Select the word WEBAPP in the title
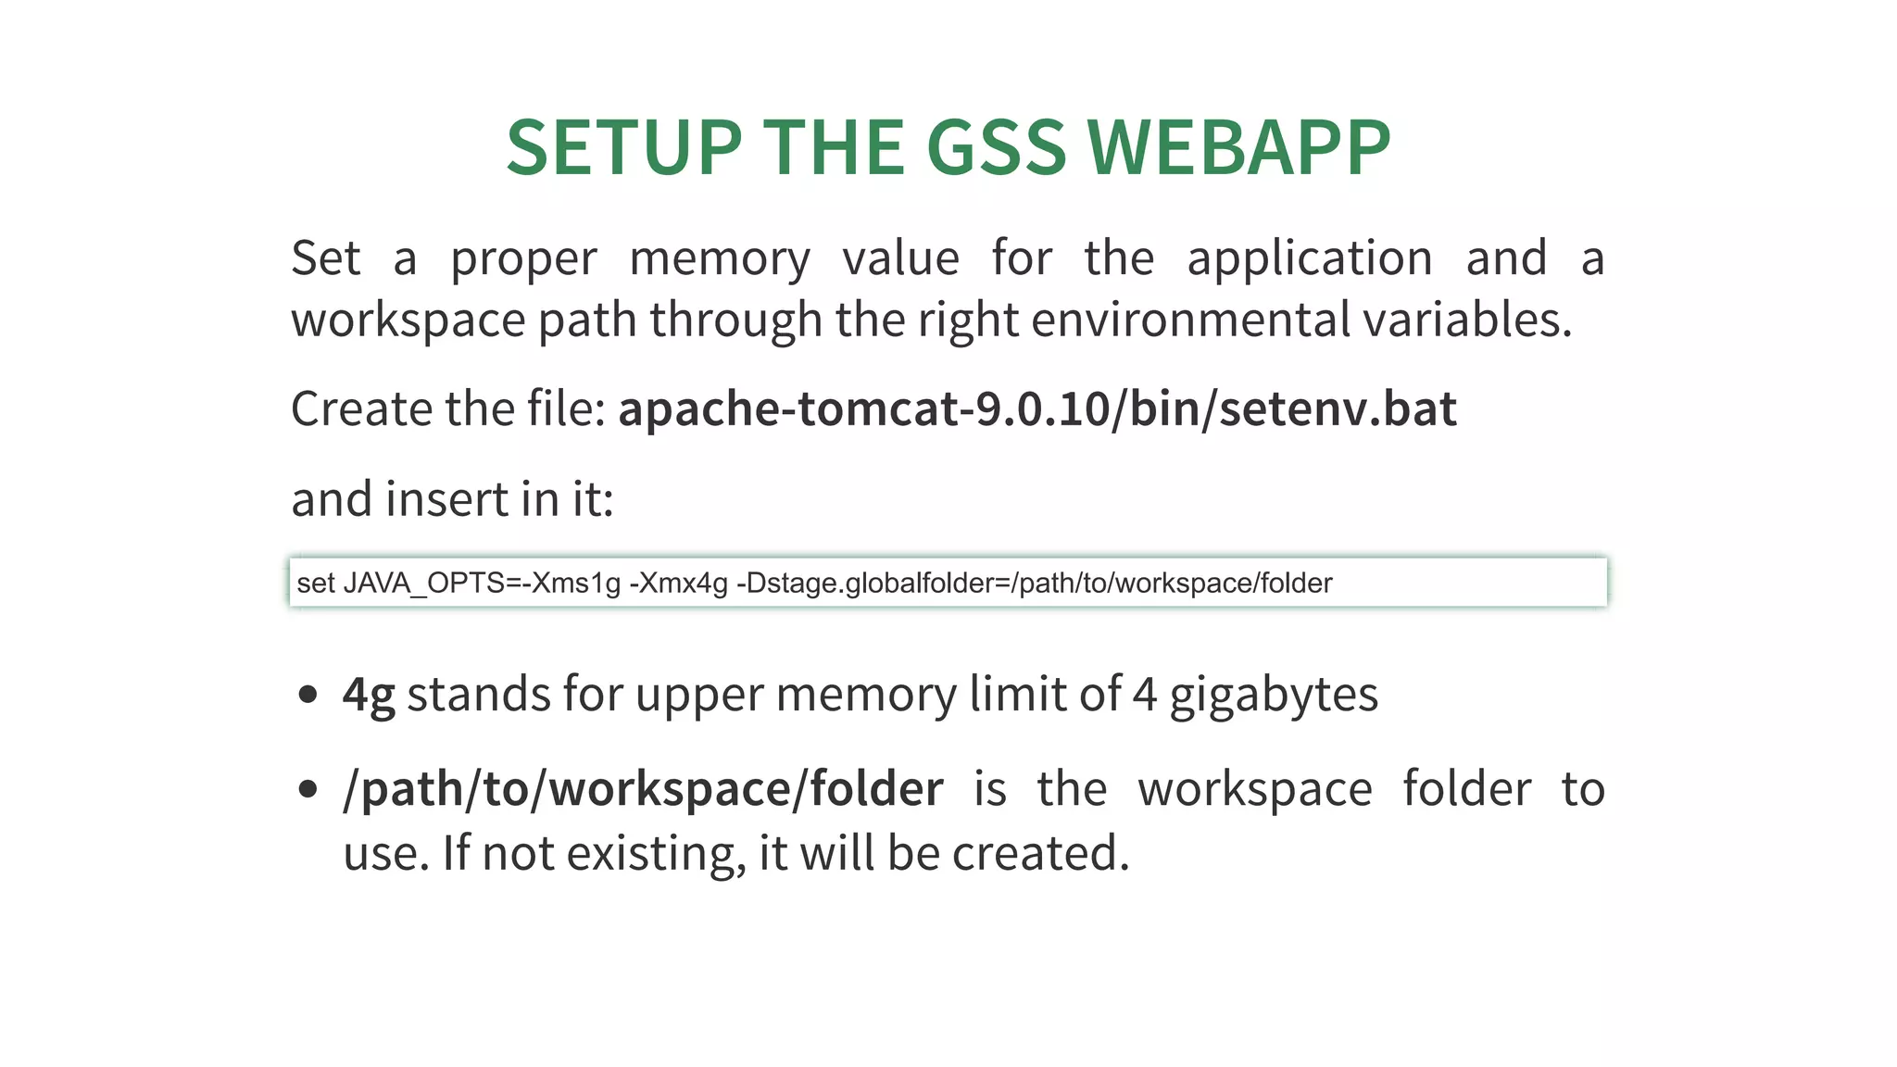point(1238,147)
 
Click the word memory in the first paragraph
point(720,258)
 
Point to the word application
point(1310,258)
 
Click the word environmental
point(1190,320)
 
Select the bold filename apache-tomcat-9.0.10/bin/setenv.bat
point(1037,408)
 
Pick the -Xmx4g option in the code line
point(678,584)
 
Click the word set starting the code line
point(315,584)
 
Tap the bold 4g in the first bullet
point(369,695)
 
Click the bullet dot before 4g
point(308,695)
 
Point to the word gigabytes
point(1274,695)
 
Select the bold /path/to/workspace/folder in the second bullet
point(643,789)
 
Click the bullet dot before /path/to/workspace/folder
point(308,789)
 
